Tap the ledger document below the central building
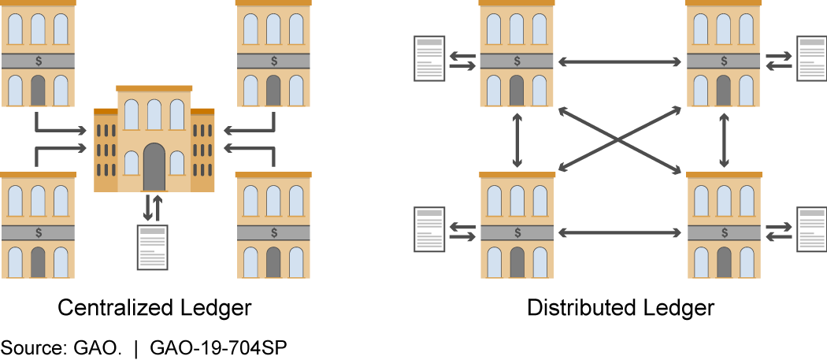tap(153, 247)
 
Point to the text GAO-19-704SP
tap(218, 346)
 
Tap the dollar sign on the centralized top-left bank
tap(38, 61)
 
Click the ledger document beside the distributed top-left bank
tap(430, 59)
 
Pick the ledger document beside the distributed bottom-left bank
tap(430, 230)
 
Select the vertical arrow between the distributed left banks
tap(517, 139)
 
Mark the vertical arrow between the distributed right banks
tap(724, 139)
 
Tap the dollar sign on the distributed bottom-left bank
tap(517, 232)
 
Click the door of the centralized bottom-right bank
tap(273, 262)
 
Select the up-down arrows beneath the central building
tap(153, 207)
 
